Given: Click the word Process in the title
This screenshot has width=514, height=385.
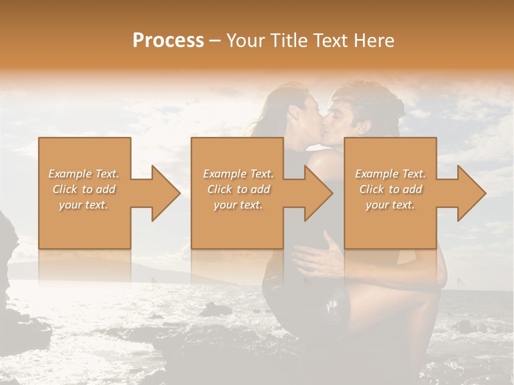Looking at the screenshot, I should (168, 41).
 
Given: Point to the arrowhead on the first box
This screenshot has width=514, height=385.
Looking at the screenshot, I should (166, 193).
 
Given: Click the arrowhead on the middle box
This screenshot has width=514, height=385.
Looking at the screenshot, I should (319, 193).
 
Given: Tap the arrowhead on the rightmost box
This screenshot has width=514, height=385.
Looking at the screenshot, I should (472, 193).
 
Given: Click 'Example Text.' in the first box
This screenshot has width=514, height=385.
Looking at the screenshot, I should (84, 174).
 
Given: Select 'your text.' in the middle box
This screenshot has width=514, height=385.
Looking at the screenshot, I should (238, 205).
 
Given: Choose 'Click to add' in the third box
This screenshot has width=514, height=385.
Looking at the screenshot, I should (390, 189).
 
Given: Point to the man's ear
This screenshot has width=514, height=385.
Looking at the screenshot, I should (365, 127).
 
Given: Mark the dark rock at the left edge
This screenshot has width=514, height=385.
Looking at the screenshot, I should (7, 241).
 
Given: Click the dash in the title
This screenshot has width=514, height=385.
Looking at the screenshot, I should (215, 41).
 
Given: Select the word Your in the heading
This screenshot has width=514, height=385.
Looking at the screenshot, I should (245, 41).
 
